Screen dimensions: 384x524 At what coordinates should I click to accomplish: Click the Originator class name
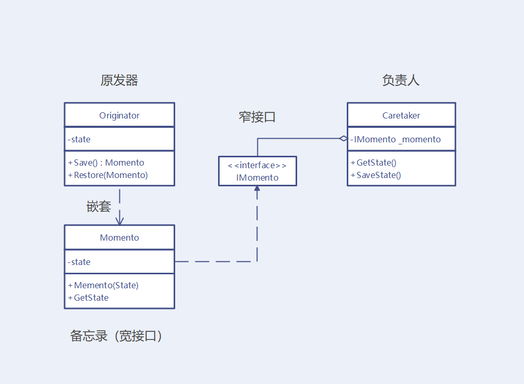119,115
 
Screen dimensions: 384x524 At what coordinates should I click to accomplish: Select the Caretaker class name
401,115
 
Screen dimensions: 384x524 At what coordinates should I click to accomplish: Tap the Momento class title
119,238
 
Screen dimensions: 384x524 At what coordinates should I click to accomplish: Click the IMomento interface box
257,171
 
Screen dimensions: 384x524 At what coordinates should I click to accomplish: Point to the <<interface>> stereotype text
257,166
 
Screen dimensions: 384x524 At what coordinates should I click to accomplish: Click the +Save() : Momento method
106,163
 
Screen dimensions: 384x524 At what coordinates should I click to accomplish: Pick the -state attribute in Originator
79,139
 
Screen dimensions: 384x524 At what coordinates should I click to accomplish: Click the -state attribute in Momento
79,262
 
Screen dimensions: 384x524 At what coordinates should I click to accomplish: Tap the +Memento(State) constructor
103,285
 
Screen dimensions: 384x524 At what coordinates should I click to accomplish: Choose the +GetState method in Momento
88,298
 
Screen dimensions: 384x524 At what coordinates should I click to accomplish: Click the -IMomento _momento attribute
396,139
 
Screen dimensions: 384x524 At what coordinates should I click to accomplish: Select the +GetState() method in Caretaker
374,163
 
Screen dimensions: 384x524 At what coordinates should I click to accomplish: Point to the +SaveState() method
376,175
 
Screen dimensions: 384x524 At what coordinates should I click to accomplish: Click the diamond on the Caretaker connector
343,139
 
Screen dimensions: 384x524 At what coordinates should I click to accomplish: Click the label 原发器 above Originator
119,81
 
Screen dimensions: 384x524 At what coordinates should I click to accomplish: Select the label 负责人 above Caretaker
400,80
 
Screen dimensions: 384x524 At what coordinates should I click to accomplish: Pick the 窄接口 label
257,117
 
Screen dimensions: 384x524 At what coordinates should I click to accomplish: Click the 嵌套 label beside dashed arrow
98,206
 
